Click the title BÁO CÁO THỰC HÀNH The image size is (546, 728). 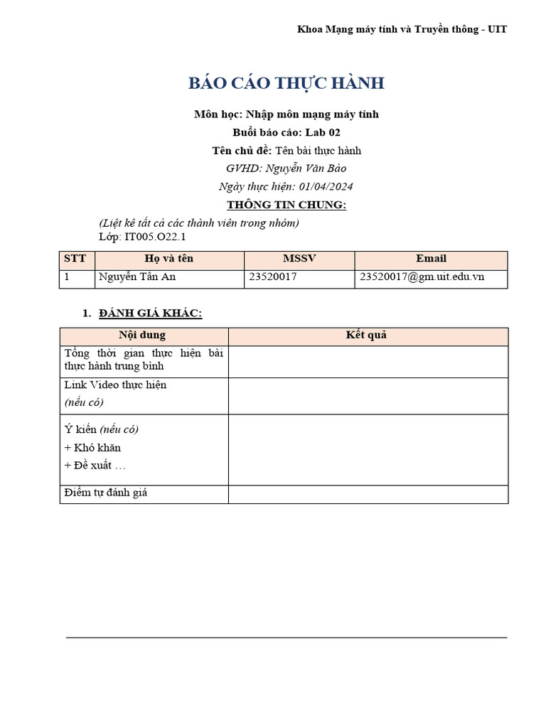pyautogui.click(x=286, y=83)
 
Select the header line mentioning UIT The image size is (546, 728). pyautogui.click(x=402, y=29)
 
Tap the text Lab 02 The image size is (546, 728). pyautogui.click(x=323, y=132)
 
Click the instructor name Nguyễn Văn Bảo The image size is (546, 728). pyautogui.click(x=306, y=168)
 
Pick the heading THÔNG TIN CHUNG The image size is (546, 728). pyautogui.click(x=286, y=205)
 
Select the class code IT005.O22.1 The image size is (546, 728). pyautogui.click(x=155, y=237)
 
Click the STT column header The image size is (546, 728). pyautogui.click(x=75, y=259)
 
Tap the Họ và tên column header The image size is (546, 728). pyautogui.click(x=169, y=259)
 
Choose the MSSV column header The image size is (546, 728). pyautogui.click(x=299, y=259)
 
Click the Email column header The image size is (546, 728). pyautogui.click(x=431, y=259)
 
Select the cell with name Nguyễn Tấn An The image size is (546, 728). pyautogui.click(x=137, y=277)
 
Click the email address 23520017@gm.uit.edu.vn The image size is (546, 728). pyautogui.click(x=422, y=277)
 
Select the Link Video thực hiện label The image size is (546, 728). pyautogui.click(x=115, y=385)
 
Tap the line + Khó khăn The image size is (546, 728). pyautogui.click(x=92, y=448)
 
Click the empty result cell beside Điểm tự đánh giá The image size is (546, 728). pyautogui.click(x=368, y=493)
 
